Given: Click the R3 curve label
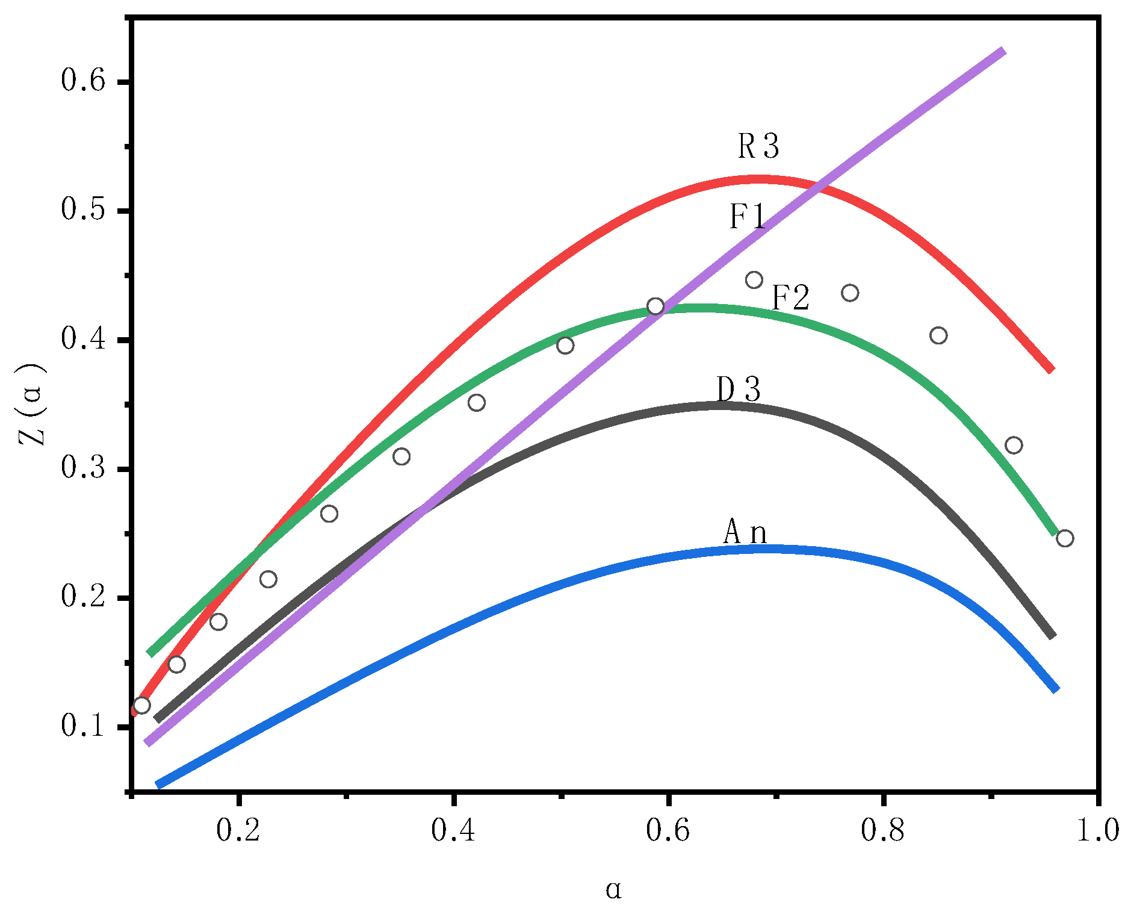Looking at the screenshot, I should pyautogui.click(x=758, y=146).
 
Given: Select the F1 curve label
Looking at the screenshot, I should pyautogui.click(x=747, y=217).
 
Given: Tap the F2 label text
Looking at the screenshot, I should pyautogui.click(x=790, y=297).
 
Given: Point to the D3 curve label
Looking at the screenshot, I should pyautogui.click(x=739, y=390).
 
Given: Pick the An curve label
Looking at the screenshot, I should pyautogui.click(x=745, y=532).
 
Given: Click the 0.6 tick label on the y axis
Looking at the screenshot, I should pyautogui.click(x=83, y=81).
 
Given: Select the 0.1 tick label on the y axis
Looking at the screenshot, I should pyautogui.click(x=83, y=726).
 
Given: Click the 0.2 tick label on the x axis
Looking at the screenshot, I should pyautogui.click(x=239, y=830).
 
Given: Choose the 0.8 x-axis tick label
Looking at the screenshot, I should pyautogui.click(x=883, y=830).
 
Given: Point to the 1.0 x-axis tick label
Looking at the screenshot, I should pyautogui.click(x=1097, y=830).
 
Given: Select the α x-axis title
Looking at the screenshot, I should pyautogui.click(x=613, y=889).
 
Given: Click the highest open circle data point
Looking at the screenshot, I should pyautogui.click(x=754, y=280).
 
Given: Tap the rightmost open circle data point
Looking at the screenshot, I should pyautogui.click(x=1065, y=538).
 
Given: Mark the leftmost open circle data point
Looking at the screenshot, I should pyautogui.click(x=141, y=705).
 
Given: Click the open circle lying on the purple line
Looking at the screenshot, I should pyautogui.click(x=655, y=306).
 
